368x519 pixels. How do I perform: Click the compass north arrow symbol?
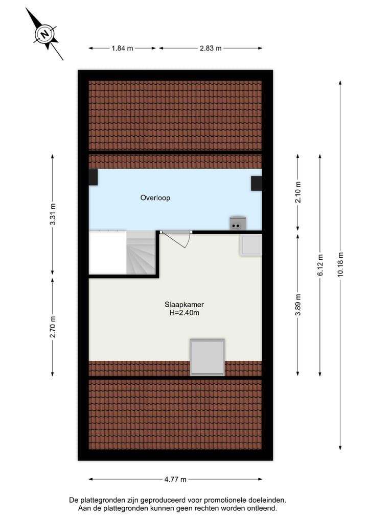[x=45, y=34]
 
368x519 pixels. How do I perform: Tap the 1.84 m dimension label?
[x=122, y=48]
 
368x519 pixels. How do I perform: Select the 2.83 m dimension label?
[x=211, y=48]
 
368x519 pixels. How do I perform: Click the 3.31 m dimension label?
[x=53, y=215]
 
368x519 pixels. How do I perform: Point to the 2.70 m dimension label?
[x=53, y=327]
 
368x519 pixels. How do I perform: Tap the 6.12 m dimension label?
[x=320, y=265]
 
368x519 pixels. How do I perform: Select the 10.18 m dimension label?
[x=340, y=265]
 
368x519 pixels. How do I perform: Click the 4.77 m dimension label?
[x=175, y=479]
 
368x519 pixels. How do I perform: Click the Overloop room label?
[x=155, y=198]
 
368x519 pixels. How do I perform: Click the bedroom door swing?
[x=182, y=240]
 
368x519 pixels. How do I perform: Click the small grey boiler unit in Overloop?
[x=237, y=223]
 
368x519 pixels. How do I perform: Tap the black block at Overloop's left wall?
[x=93, y=178]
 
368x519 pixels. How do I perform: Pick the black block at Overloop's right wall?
[x=256, y=183]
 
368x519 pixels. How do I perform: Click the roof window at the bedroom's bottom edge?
[x=207, y=357]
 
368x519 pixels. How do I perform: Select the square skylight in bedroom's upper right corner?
[x=251, y=245]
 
